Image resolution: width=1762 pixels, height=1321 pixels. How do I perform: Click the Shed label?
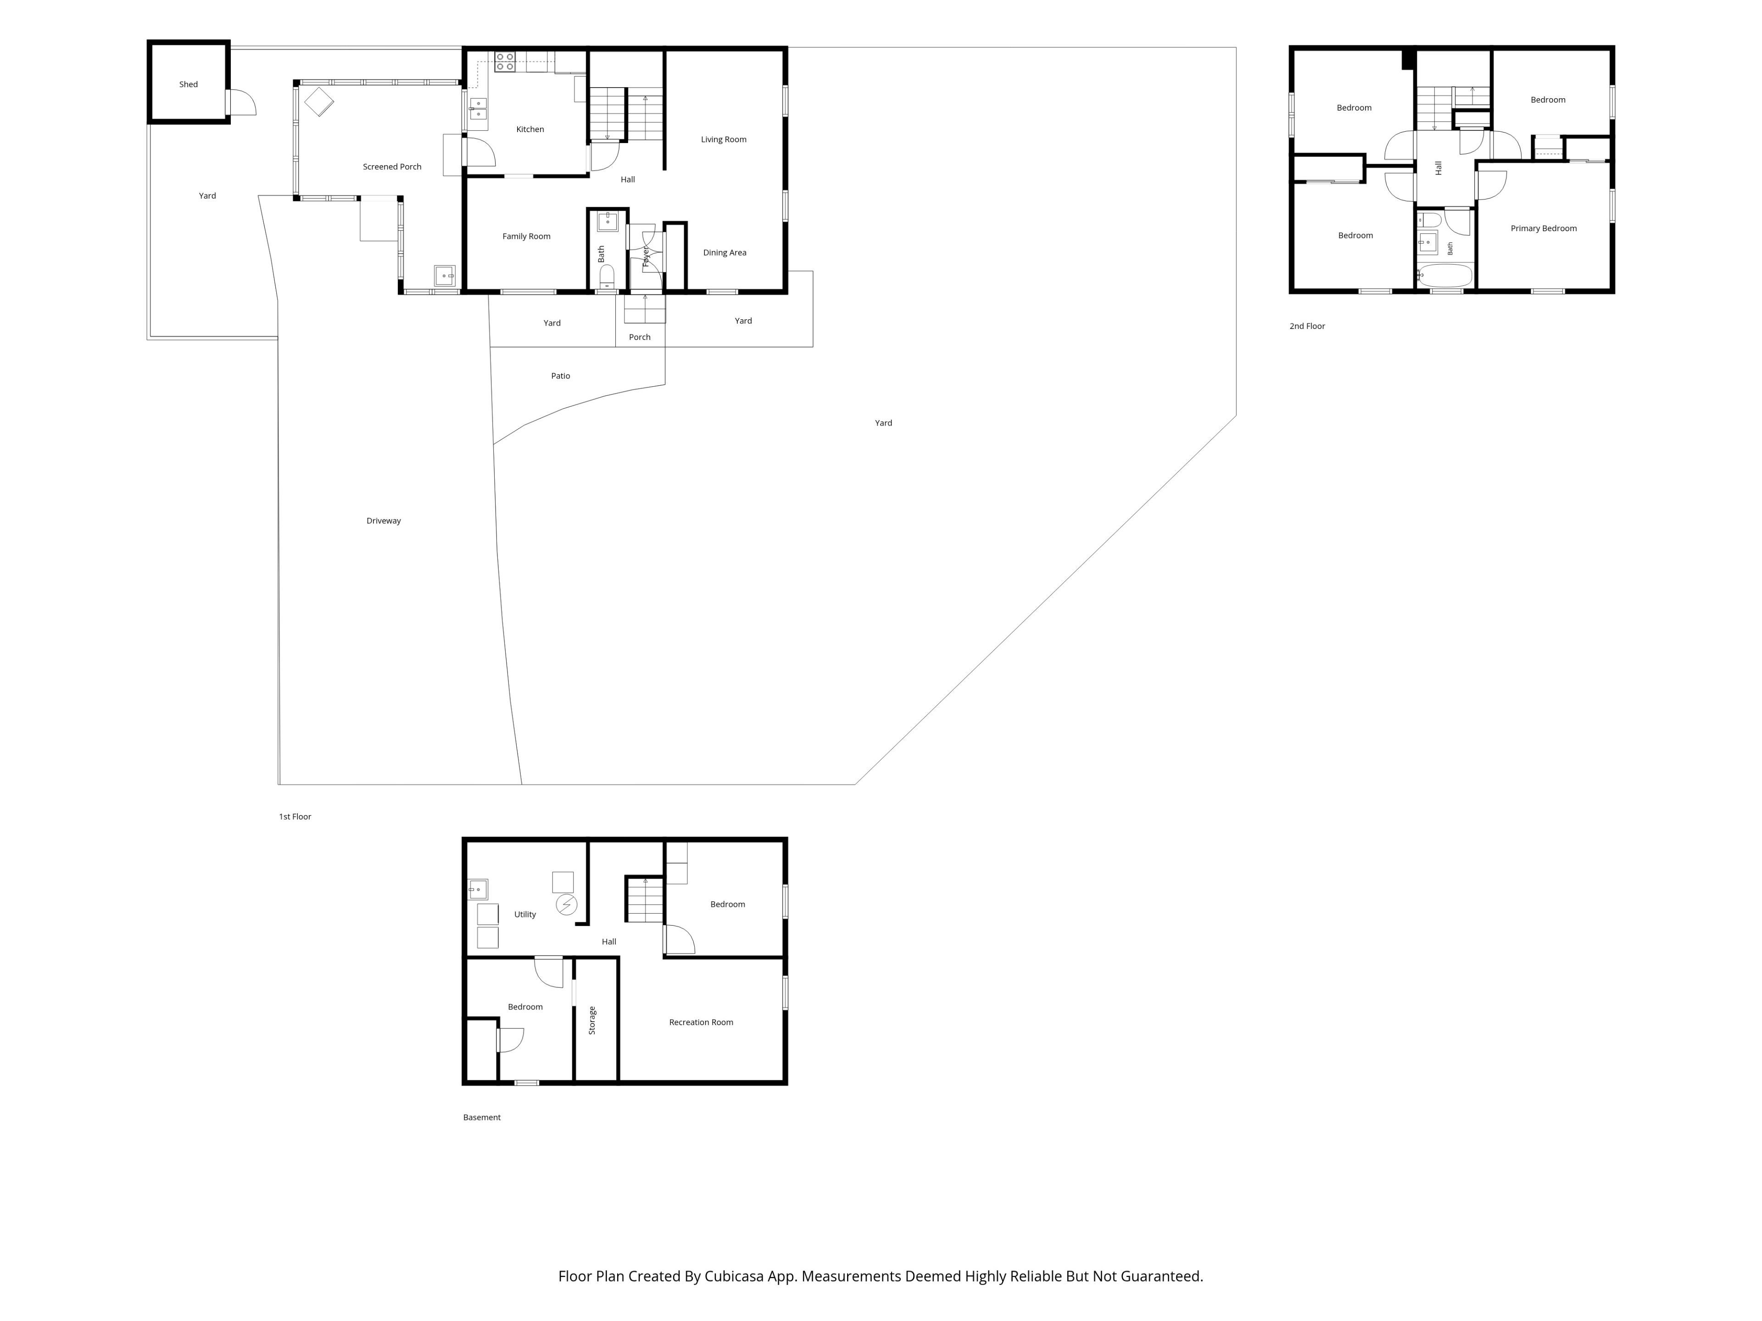[188, 84]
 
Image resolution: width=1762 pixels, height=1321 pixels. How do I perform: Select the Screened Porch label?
[392, 167]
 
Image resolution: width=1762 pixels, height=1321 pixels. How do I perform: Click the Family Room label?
[526, 237]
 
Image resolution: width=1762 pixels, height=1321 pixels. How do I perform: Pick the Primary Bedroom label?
[1543, 228]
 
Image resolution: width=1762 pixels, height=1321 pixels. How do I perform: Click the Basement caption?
[481, 1117]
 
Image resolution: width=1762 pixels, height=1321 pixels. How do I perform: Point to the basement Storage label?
[592, 1021]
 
